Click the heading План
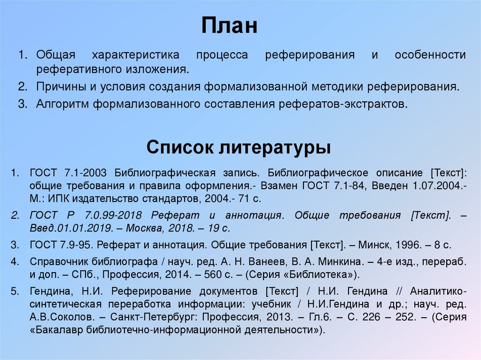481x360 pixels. pyautogui.click(x=230, y=27)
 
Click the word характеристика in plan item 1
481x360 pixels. pyautogui.click(x=135, y=55)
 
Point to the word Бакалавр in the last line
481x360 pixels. pyautogui.click(x=54, y=329)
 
